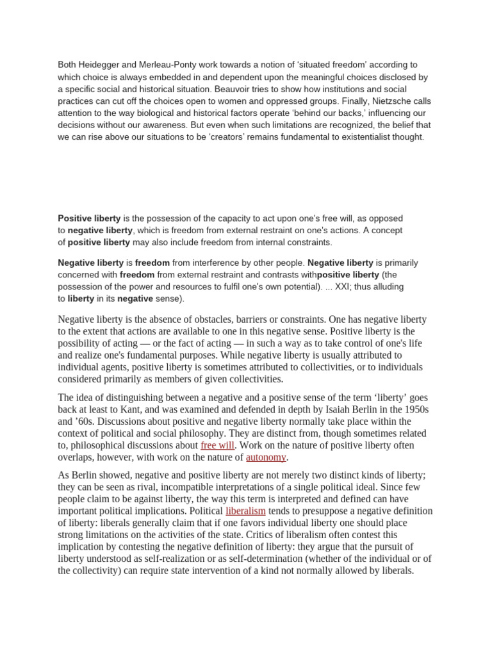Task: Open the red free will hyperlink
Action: tap(218, 445)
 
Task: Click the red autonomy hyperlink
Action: tap(266, 457)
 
